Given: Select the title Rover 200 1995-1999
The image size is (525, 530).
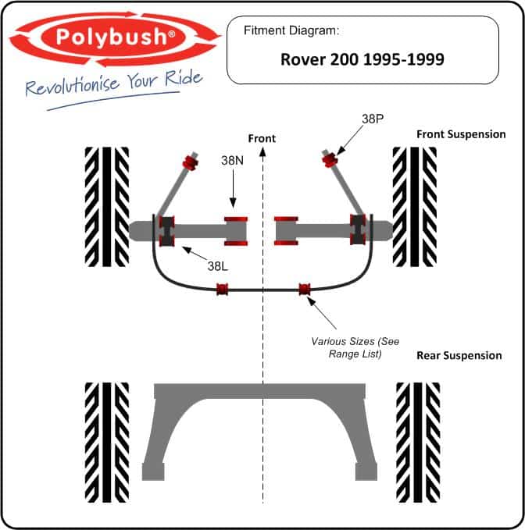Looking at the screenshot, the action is click(x=362, y=59).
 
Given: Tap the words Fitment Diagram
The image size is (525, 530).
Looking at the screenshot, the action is click(x=291, y=30).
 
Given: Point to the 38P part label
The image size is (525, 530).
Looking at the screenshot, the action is click(x=373, y=119).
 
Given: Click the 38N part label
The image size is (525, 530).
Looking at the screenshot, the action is click(x=232, y=160).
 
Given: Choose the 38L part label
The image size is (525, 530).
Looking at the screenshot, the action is click(x=217, y=266).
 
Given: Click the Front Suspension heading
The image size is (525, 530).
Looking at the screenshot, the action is click(x=461, y=134).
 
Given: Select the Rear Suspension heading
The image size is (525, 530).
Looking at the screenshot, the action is click(x=459, y=356).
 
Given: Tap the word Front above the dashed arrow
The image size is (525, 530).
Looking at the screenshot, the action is click(x=262, y=138).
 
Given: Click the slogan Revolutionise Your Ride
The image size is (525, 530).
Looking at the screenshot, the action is click(x=114, y=84).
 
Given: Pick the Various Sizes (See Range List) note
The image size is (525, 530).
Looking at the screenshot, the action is click(x=355, y=347).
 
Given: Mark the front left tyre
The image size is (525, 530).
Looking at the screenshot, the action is click(x=107, y=207).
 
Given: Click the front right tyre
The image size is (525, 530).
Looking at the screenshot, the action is click(x=415, y=207).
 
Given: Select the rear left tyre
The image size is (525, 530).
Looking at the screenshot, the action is click(x=107, y=443).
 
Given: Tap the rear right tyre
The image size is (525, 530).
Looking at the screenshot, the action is click(x=418, y=443).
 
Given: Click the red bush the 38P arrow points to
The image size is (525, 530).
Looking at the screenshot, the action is click(x=329, y=160).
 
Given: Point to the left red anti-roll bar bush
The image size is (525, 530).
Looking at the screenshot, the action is click(x=222, y=290).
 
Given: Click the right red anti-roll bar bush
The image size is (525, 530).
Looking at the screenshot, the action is click(x=305, y=290).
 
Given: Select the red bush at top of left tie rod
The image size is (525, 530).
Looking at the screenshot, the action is click(x=191, y=162).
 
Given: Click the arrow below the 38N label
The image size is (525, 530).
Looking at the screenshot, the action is click(x=233, y=188).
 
